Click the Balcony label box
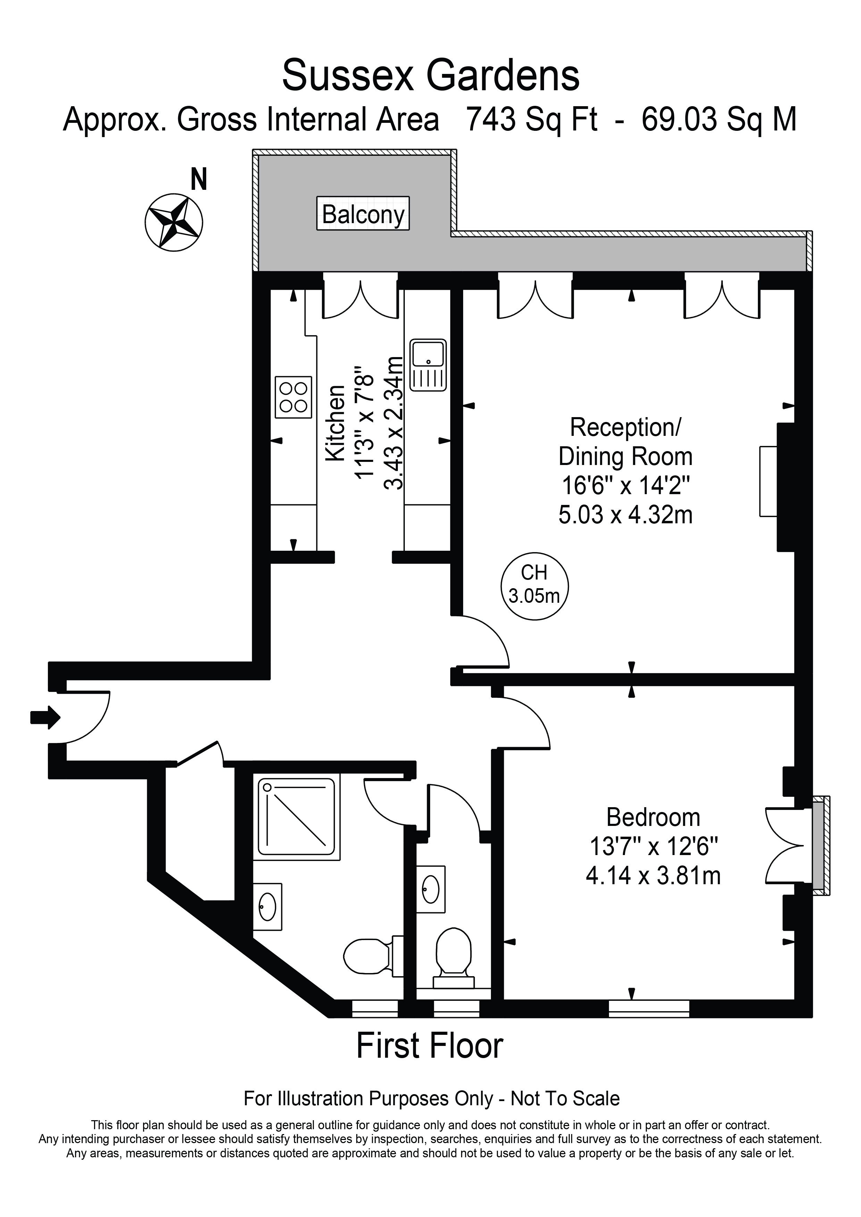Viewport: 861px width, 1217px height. coord(363,214)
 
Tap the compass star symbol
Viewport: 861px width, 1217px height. coord(174,221)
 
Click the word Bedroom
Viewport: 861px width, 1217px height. coord(653,817)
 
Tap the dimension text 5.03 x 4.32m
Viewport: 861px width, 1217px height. coord(626,514)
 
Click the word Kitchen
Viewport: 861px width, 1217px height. coord(335,423)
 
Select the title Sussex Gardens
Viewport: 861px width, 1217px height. coord(430,75)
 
